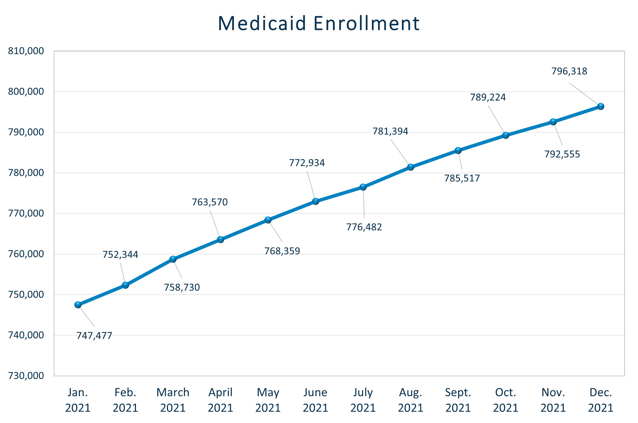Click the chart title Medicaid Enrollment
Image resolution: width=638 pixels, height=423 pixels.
(319, 23)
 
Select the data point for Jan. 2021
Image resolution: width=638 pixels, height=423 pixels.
(78, 305)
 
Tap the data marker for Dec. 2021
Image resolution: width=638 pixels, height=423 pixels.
(601, 106)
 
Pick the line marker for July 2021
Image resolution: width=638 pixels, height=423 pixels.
(363, 187)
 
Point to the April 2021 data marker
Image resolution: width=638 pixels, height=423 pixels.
(221, 239)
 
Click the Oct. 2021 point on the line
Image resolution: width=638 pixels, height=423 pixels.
(506, 135)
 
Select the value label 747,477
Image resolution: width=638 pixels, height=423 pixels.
(94, 335)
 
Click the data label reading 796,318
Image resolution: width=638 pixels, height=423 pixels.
(569, 71)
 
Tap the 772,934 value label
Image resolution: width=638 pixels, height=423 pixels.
(307, 163)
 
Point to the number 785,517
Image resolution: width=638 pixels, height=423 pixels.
(462, 178)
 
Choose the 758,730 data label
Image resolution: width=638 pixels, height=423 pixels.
(182, 287)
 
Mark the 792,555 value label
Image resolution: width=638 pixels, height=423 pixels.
(562, 154)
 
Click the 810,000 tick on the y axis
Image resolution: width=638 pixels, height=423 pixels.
(26, 51)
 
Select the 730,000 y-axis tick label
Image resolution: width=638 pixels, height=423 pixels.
(26, 376)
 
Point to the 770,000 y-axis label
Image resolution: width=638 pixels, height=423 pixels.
(26, 213)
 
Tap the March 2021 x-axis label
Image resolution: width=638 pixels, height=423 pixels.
(173, 400)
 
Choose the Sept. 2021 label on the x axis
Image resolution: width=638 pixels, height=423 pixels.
(458, 400)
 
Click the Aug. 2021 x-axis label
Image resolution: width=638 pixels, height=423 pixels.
(410, 400)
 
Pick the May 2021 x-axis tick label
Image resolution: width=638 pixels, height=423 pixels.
(268, 400)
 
